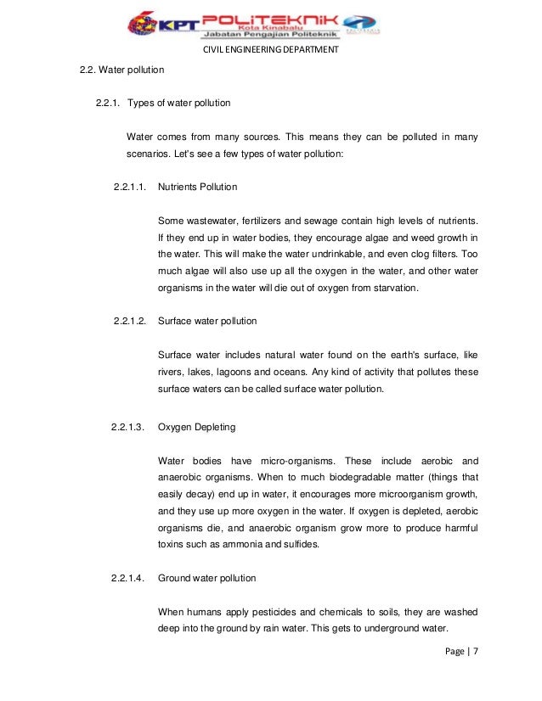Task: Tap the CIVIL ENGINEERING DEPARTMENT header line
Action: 271,49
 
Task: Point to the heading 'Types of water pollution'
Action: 178,104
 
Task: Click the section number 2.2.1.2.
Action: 129,322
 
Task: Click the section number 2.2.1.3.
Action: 129,427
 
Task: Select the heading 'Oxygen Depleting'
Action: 197,427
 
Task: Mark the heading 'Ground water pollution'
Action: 207,578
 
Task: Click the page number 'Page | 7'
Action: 461,651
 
